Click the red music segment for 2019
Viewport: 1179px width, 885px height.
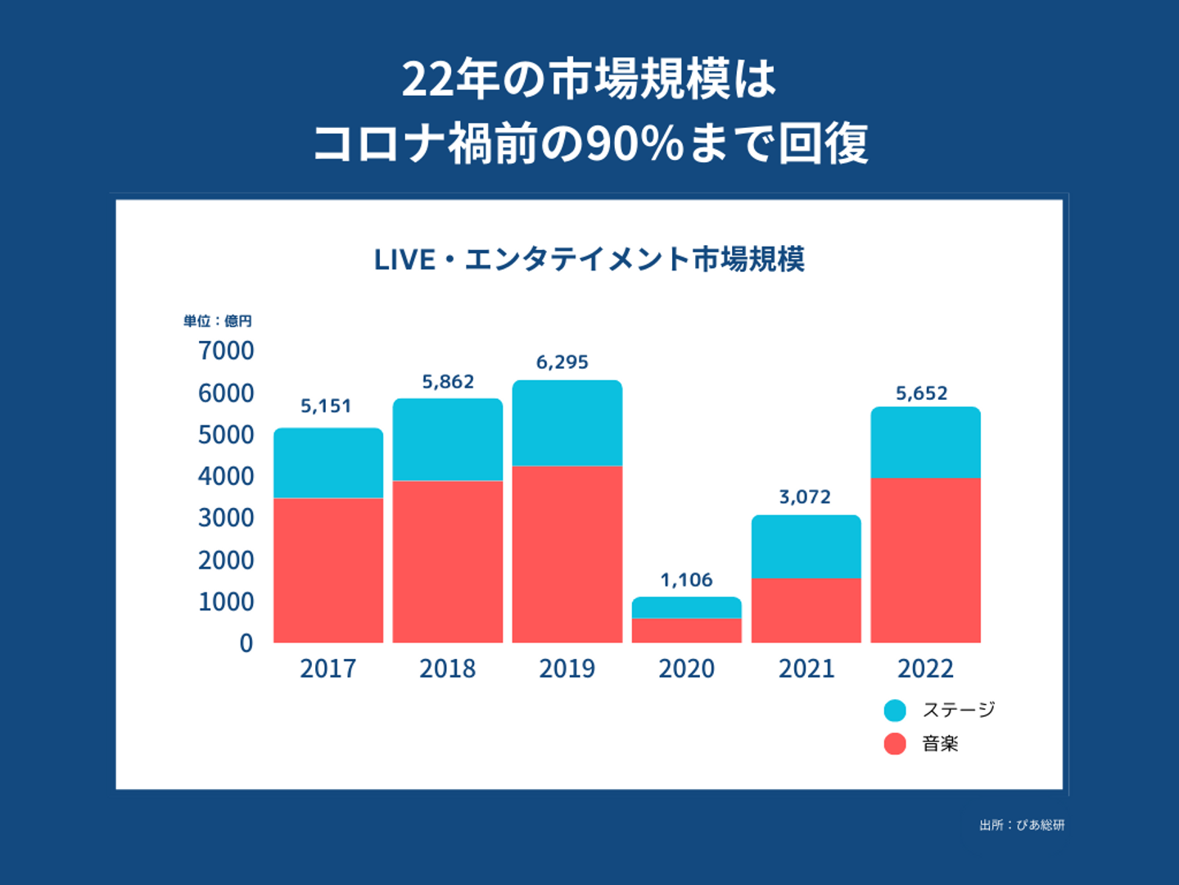[x=567, y=554]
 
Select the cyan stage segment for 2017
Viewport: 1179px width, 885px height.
[x=328, y=463]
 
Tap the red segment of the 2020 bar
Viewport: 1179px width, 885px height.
[x=687, y=630]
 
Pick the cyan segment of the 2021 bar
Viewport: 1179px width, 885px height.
[x=806, y=547]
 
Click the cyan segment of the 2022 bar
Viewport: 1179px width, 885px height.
[x=926, y=442]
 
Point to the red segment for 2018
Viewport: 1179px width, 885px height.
[x=448, y=561]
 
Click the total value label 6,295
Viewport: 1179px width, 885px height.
[x=562, y=362]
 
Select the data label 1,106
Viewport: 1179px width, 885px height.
[x=686, y=580]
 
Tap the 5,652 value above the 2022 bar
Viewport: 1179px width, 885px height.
[x=921, y=393]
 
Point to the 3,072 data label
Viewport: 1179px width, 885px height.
[x=805, y=497]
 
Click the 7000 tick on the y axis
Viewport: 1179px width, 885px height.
[x=226, y=351]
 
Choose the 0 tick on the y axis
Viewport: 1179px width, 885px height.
[x=246, y=643]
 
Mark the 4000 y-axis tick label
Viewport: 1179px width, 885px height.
[x=226, y=476]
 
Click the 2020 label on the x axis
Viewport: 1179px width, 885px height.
[x=686, y=669]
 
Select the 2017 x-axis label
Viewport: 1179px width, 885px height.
[x=327, y=669]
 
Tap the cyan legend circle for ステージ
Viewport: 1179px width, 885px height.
[x=895, y=710]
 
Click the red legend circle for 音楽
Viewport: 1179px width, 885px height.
[x=895, y=743]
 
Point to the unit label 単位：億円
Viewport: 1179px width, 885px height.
[x=217, y=321]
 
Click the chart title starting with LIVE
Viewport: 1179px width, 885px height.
[x=589, y=260]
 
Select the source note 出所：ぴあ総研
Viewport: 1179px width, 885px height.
[x=1022, y=825]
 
